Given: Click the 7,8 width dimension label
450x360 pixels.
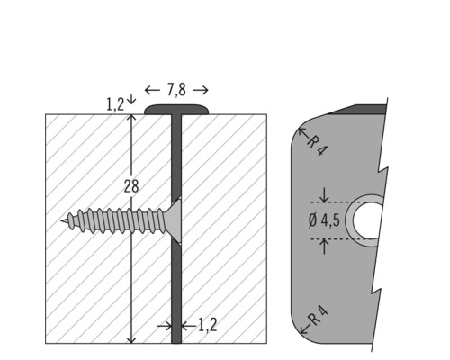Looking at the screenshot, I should point(176,90).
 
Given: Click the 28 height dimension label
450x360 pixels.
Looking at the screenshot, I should point(131,186).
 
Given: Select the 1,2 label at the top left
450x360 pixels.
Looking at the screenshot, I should point(115,104).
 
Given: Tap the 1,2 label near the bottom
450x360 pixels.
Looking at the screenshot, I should point(207,325).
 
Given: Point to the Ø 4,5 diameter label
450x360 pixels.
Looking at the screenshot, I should point(323,220).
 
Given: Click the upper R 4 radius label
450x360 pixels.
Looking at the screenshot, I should point(317,144).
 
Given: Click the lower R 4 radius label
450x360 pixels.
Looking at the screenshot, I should point(317,318).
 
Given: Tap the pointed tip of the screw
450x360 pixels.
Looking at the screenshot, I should point(65,219).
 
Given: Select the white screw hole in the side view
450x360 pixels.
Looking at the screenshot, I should point(369,220).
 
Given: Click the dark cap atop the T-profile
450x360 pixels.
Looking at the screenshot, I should point(176,110).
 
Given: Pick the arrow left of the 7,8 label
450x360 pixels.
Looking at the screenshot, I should point(152,90).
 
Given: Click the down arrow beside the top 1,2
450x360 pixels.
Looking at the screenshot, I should point(131,100).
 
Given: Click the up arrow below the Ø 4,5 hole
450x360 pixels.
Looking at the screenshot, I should point(324,245).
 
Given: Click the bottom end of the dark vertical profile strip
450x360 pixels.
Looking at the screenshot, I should point(176,339).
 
